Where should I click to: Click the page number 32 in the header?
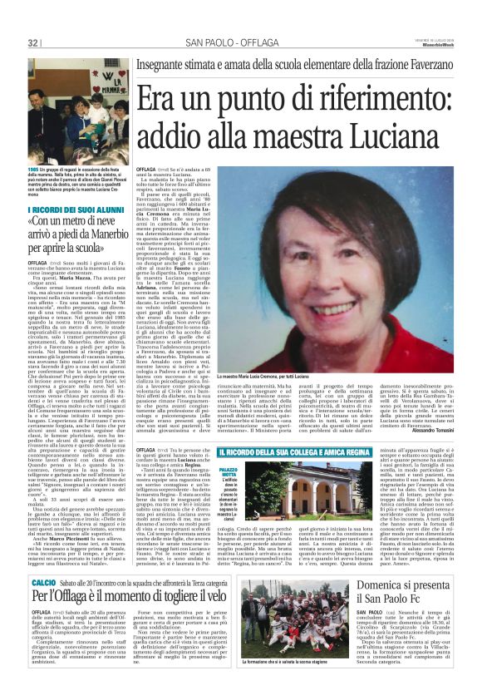tap(32, 42)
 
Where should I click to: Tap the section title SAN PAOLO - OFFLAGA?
tap(221, 42)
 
